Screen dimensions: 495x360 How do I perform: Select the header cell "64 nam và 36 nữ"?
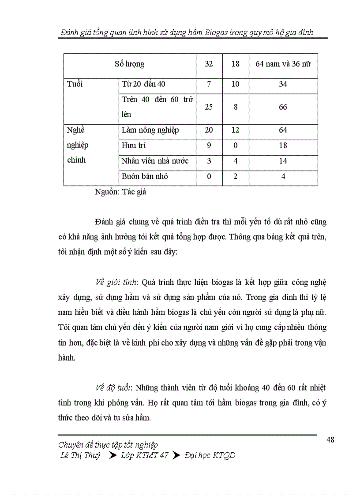coord(283,64)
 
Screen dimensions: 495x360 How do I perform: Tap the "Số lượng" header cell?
coord(129,64)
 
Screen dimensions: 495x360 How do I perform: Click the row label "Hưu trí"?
coord(133,145)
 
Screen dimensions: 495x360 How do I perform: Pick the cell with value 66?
coord(283,107)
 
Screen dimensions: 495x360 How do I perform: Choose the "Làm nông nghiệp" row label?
coord(150,130)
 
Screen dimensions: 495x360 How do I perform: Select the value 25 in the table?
coord(209,107)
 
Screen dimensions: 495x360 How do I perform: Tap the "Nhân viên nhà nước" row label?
coord(155,161)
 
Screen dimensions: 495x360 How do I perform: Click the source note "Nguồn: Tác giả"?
coord(120,192)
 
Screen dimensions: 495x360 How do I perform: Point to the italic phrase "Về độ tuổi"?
coord(113,388)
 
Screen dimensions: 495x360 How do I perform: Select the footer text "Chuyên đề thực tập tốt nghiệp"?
coord(108,445)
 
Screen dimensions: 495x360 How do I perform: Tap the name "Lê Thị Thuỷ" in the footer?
coord(80,455)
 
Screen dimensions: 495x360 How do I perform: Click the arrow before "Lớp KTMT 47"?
coord(112,455)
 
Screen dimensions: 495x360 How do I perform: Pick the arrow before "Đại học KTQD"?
coord(176,455)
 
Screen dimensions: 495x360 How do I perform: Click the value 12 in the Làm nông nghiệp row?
coord(235,130)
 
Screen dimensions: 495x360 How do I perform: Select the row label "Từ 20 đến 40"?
coord(143,84)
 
